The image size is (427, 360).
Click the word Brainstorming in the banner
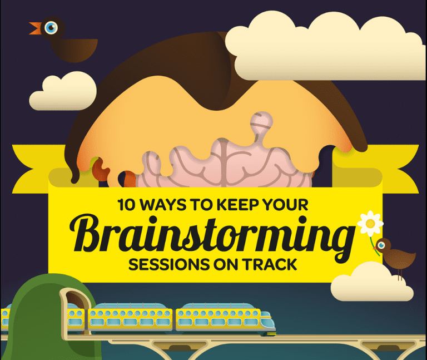coord(212,234)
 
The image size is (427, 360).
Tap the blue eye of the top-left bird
coord(51,27)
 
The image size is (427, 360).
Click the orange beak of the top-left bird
coord(36,28)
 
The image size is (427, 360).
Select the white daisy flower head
coord(370,224)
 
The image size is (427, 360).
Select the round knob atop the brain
coord(261,122)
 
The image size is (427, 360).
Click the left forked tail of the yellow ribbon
coord(30,169)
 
